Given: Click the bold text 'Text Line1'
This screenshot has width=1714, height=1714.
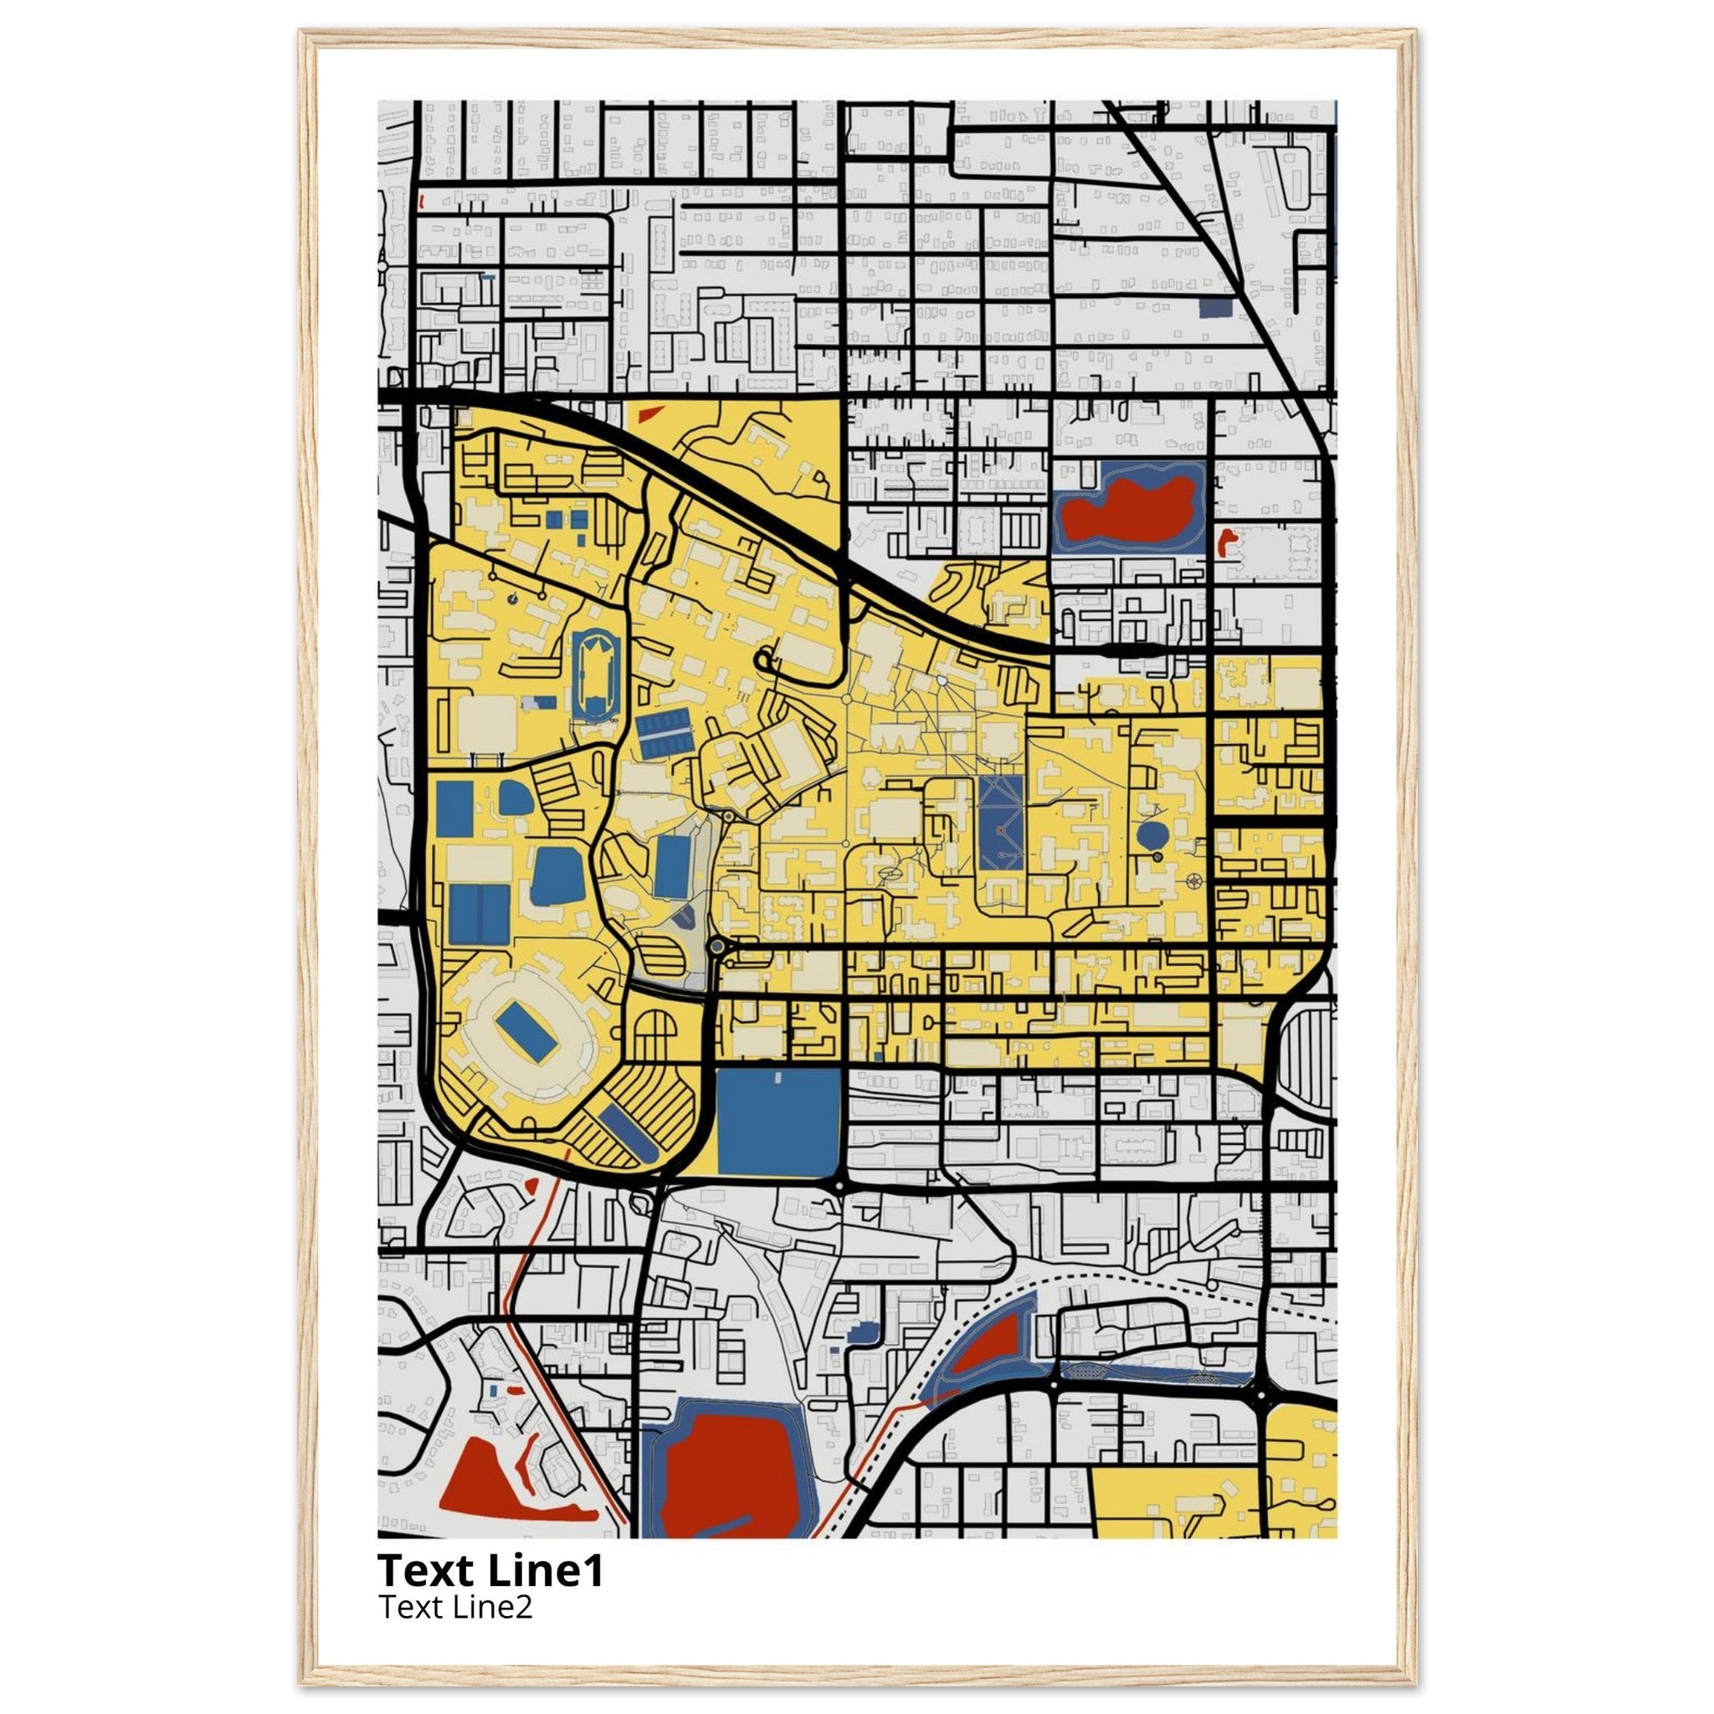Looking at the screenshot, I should [490, 1570].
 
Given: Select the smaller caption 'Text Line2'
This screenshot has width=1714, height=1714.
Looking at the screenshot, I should [456, 1607].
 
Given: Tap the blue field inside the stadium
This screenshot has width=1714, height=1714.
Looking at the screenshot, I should [526, 1030].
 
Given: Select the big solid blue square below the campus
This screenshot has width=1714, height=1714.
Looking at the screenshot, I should [778, 1122].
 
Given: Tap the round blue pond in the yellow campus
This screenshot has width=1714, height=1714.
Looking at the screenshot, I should [1152, 834].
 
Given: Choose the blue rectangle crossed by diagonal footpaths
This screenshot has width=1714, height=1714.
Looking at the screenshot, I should [1002, 824].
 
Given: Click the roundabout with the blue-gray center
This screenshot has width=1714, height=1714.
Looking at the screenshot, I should [717, 947].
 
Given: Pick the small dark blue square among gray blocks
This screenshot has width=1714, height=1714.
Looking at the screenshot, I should [1214, 307].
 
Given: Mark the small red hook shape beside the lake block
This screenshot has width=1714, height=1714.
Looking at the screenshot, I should [1226, 541].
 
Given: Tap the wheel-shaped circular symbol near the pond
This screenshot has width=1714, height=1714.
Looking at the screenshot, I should [1194, 881].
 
